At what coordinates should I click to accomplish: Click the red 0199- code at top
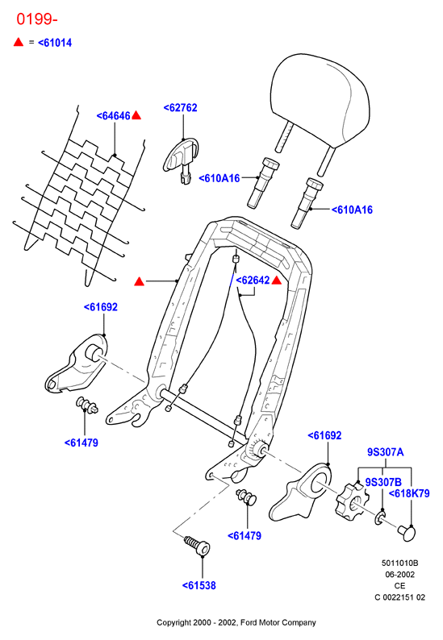(x=37, y=19)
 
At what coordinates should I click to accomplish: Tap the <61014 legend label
(x=55, y=43)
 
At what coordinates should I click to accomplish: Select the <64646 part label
(x=113, y=116)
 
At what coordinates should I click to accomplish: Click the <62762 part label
(x=180, y=108)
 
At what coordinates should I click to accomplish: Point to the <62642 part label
(x=253, y=281)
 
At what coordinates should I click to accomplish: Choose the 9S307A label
(x=386, y=452)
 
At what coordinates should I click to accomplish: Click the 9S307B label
(x=383, y=482)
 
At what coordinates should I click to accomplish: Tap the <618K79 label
(x=409, y=493)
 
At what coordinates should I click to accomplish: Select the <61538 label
(x=199, y=585)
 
